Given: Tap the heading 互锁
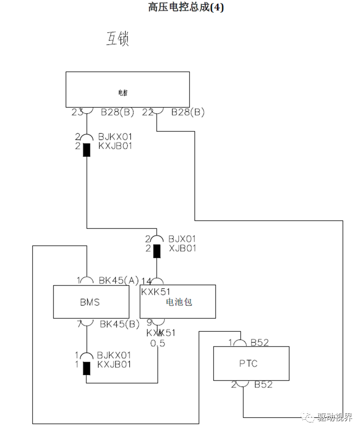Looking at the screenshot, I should (116, 39).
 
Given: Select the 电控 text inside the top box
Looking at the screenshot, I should (124, 93).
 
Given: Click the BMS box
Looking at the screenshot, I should (91, 302).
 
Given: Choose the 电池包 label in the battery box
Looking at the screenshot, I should (178, 302).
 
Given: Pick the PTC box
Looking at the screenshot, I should (251, 363).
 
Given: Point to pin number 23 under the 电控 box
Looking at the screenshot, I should (77, 112).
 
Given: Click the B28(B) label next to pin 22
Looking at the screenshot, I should (188, 112).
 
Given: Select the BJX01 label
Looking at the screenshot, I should (182, 239).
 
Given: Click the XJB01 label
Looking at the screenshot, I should (182, 249).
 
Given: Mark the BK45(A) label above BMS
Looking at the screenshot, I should (119, 279).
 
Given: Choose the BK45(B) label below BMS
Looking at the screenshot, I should (119, 324).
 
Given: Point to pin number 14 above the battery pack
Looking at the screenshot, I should (146, 280).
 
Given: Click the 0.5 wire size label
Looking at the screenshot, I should (158, 343).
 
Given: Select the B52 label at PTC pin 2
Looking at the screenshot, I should (263, 385).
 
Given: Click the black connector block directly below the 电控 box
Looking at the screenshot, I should (87, 150).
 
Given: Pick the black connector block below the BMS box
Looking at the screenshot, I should (87, 368).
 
